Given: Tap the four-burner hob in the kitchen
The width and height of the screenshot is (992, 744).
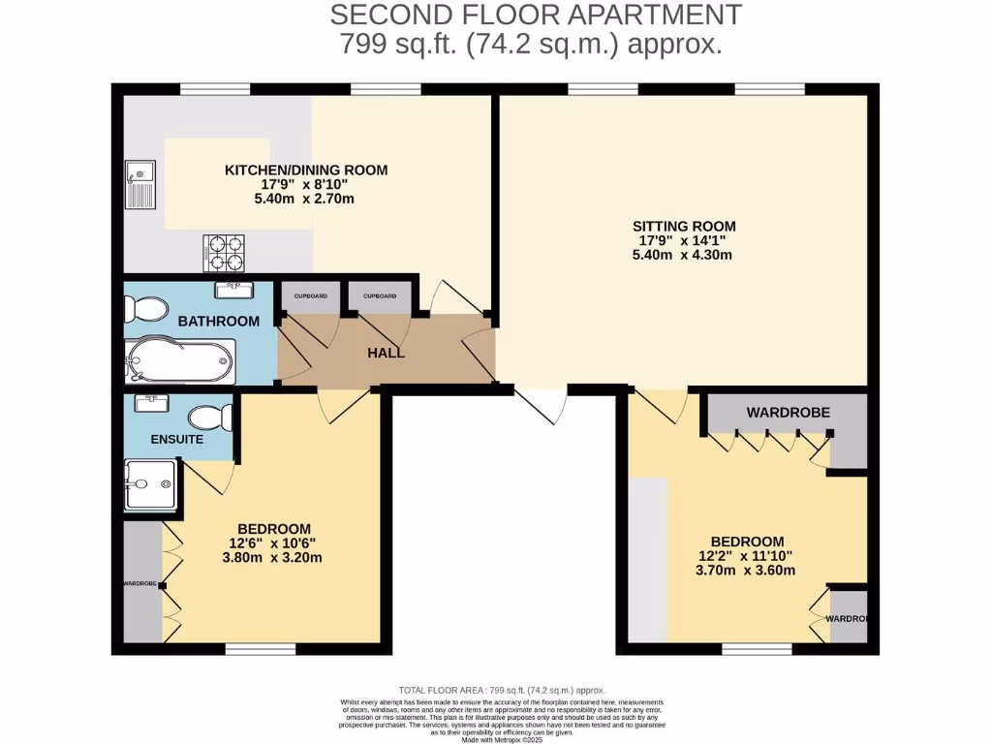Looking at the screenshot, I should (224, 253).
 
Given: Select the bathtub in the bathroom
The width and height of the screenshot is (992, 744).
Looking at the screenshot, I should (180, 361).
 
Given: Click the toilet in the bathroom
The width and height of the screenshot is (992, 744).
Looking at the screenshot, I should (142, 309).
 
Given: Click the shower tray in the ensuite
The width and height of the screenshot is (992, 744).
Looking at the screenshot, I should (150, 484).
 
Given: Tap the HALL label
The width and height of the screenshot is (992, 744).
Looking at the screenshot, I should (386, 353).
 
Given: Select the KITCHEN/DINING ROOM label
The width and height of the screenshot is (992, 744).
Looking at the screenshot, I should (306, 170).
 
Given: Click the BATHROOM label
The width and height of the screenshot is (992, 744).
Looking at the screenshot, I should (218, 321).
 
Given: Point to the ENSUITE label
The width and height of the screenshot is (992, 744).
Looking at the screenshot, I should (176, 439).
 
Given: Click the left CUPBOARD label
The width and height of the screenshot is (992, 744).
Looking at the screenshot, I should (310, 295).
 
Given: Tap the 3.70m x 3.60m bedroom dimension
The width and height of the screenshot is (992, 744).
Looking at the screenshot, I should (747, 571).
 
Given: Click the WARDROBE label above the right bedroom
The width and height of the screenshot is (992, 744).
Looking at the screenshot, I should (788, 413).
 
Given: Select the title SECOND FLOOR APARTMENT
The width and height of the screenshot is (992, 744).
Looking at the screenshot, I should (536, 15).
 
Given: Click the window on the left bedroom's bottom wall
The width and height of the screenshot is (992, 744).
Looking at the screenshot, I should (261, 649).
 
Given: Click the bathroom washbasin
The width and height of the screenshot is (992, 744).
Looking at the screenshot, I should (234, 289).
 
